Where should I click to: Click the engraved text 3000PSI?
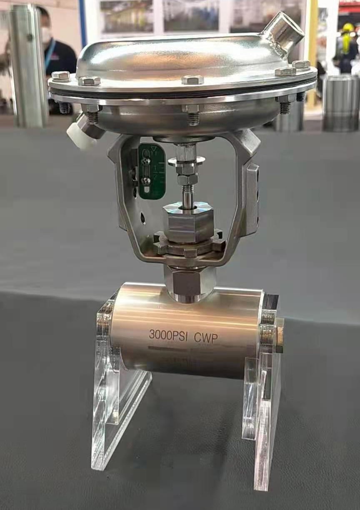click(x=169, y=335)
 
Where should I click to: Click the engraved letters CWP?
click(x=206, y=337)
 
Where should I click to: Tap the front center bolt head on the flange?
click(x=192, y=80)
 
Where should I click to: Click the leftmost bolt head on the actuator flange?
click(x=61, y=76)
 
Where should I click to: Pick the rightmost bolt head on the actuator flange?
click(x=301, y=65)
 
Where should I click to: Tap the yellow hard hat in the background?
click(x=348, y=28)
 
